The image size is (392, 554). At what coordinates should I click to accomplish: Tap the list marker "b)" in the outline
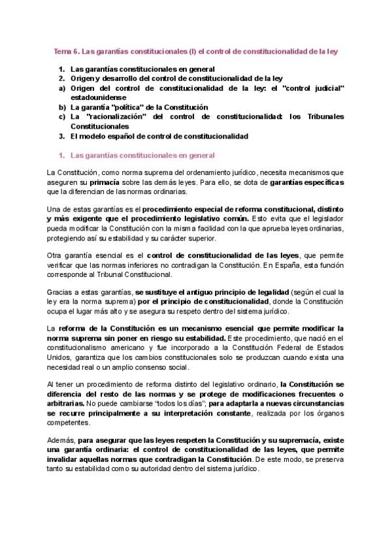62,106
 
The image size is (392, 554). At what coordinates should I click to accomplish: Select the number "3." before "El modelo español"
62,136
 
